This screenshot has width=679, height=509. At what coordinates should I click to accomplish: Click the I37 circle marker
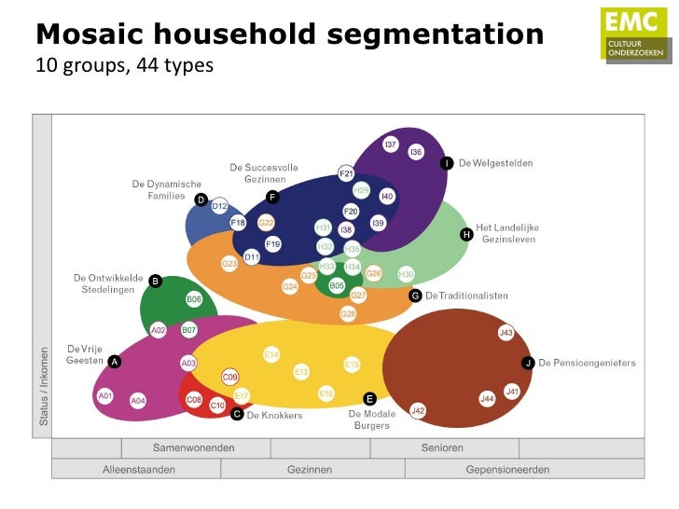(391, 144)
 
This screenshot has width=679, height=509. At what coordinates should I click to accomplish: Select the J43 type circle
(506, 333)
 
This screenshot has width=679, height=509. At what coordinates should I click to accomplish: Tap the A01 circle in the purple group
(105, 396)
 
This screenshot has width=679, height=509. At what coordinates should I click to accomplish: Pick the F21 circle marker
(346, 173)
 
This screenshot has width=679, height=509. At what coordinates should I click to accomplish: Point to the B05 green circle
(337, 285)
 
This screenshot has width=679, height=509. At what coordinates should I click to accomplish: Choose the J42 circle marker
(418, 411)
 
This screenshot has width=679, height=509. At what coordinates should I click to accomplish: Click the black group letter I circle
(447, 163)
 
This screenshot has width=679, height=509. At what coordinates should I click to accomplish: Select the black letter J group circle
(528, 363)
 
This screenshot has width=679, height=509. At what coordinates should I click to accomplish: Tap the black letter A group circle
(115, 361)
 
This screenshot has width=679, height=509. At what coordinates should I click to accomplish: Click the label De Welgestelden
(495, 163)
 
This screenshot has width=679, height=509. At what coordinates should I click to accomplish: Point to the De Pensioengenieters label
(587, 363)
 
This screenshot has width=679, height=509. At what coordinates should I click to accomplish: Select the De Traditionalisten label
(466, 296)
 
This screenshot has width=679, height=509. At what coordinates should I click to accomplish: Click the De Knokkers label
(274, 415)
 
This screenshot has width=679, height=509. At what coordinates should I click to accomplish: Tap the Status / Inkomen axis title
(43, 386)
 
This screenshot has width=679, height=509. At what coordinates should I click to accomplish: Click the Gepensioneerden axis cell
(507, 470)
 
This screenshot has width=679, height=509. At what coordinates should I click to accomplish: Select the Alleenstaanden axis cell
(138, 470)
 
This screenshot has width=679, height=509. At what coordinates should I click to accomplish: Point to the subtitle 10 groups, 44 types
(124, 66)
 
